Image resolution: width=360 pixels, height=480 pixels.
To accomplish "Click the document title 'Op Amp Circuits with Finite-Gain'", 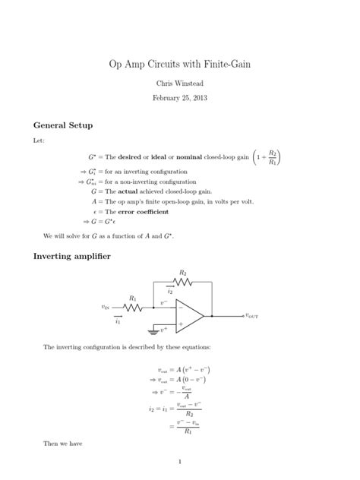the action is click(x=180, y=65).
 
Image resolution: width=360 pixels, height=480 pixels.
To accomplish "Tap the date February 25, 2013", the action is click(x=180, y=98).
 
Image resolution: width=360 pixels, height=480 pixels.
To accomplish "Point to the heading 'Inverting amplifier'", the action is click(x=72, y=256).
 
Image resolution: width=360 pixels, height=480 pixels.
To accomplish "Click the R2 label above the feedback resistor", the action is click(x=183, y=272).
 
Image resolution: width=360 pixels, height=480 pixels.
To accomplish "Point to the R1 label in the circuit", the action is click(x=133, y=298).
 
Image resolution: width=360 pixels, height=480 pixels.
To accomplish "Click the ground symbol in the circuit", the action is click(x=153, y=331).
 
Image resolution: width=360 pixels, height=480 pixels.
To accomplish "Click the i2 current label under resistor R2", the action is click(x=171, y=292).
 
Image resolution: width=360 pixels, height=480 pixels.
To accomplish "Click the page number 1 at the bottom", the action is click(x=180, y=460).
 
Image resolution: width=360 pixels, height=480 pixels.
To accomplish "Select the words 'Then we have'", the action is click(x=59, y=441).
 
